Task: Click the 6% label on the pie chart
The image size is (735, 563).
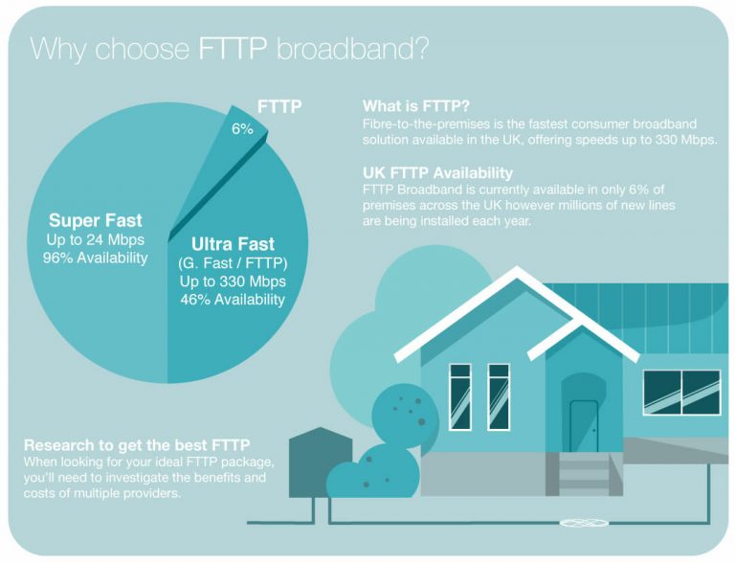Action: [242, 127]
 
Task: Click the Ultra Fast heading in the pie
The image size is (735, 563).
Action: [232, 244]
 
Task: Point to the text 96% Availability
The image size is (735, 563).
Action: [96, 259]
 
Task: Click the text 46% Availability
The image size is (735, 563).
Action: [233, 300]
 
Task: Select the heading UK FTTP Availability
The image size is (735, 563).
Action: [437, 172]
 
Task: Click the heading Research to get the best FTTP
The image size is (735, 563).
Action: [137, 445]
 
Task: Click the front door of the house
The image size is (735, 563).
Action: [583, 424]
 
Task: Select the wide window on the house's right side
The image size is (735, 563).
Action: [681, 392]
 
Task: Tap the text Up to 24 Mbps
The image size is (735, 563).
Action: [96, 240]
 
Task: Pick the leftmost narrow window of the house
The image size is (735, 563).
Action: [460, 395]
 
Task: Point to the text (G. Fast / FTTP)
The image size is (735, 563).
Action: [233, 263]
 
